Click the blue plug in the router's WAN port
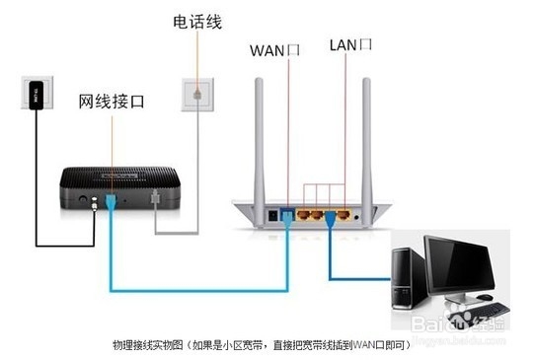click(287, 214)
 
